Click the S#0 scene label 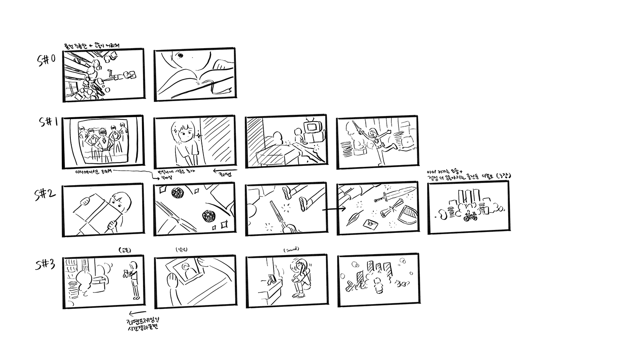[x=47, y=60]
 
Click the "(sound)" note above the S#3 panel [x=291, y=249]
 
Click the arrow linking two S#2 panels [x=333, y=209]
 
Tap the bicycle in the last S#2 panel [x=469, y=216]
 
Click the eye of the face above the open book [x=180, y=55]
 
